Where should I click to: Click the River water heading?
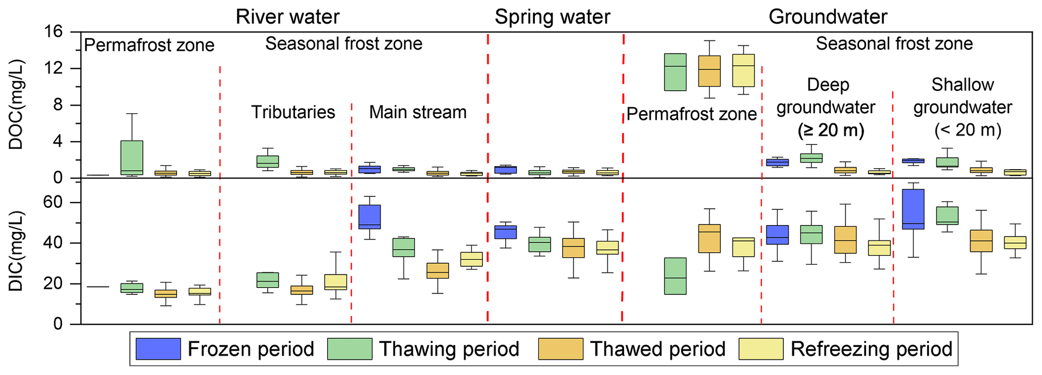point(287,17)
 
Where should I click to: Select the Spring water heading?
point(552,17)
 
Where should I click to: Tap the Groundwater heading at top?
point(827,17)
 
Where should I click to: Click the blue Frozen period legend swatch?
point(158,349)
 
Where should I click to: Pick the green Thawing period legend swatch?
point(350,349)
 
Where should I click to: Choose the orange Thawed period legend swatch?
point(561,349)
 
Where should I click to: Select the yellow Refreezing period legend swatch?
point(761,349)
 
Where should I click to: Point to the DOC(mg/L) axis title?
point(16,105)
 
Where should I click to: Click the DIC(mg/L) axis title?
point(16,252)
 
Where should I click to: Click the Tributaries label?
point(293,112)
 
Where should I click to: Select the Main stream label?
point(417,112)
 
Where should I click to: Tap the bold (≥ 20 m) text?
point(831,131)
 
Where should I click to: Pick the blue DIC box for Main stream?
point(370,217)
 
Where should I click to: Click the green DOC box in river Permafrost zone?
point(132,158)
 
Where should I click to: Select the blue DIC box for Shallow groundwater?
point(913,209)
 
